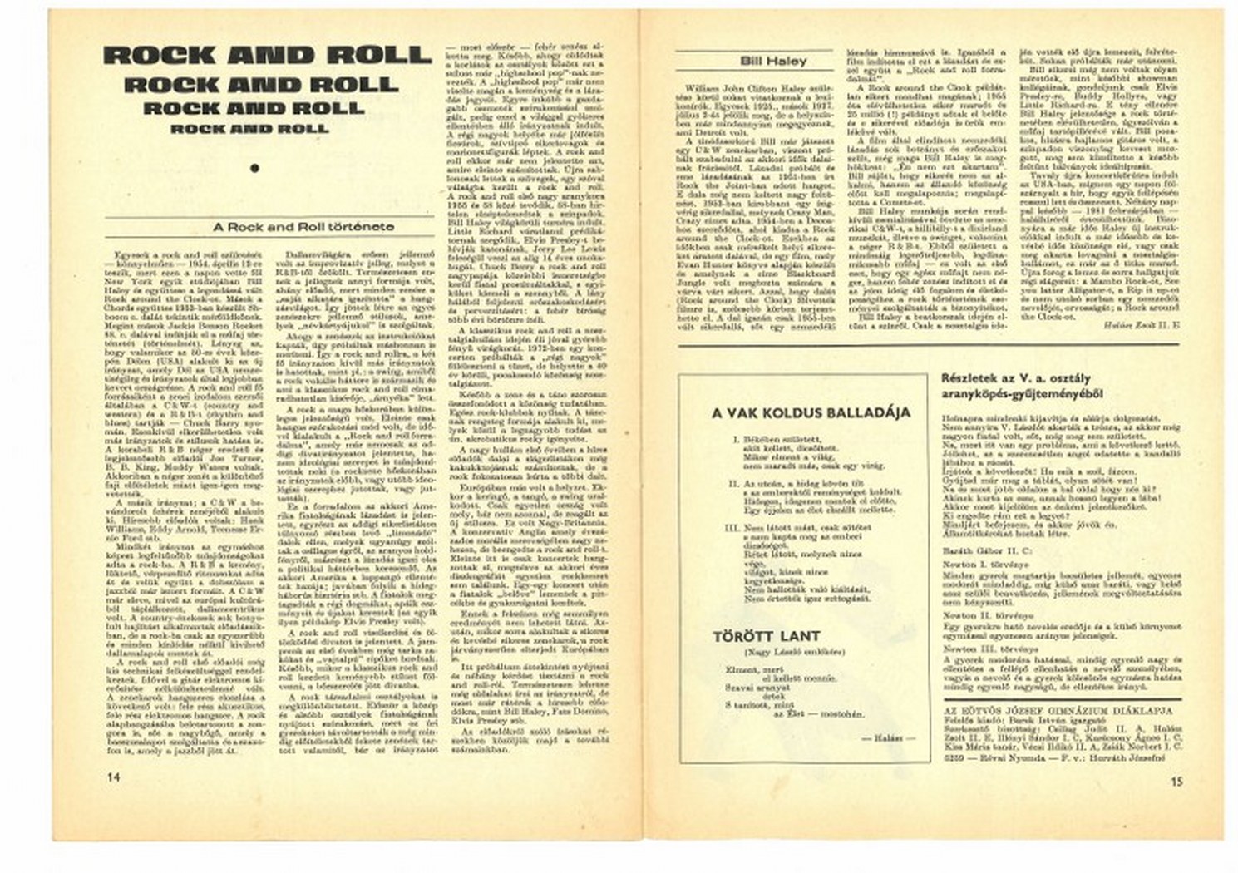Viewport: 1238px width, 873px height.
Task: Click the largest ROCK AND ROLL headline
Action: coord(268,56)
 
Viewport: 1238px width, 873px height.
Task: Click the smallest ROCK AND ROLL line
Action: coord(249,129)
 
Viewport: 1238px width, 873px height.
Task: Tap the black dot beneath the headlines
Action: coord(254,168)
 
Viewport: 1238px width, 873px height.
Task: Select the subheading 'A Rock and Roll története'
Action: coord(303,226)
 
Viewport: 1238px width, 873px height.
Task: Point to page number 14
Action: coord(113,777)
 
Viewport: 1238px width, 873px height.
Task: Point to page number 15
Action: coord(1176,781)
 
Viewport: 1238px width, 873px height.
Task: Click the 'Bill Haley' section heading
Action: coord(773,62)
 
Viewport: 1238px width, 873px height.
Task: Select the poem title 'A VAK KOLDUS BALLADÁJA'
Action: coord(799,413)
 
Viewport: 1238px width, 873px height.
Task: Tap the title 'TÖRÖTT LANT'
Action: coord(754,637)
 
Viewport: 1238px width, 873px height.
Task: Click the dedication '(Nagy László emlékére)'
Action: coord(782,652)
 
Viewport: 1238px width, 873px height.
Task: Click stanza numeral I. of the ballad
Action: coord(736,437)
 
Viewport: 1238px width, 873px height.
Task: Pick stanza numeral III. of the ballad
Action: coord(732,527)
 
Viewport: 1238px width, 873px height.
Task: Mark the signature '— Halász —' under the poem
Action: coord(895,737)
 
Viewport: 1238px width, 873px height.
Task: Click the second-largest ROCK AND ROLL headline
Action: coord(261,86)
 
